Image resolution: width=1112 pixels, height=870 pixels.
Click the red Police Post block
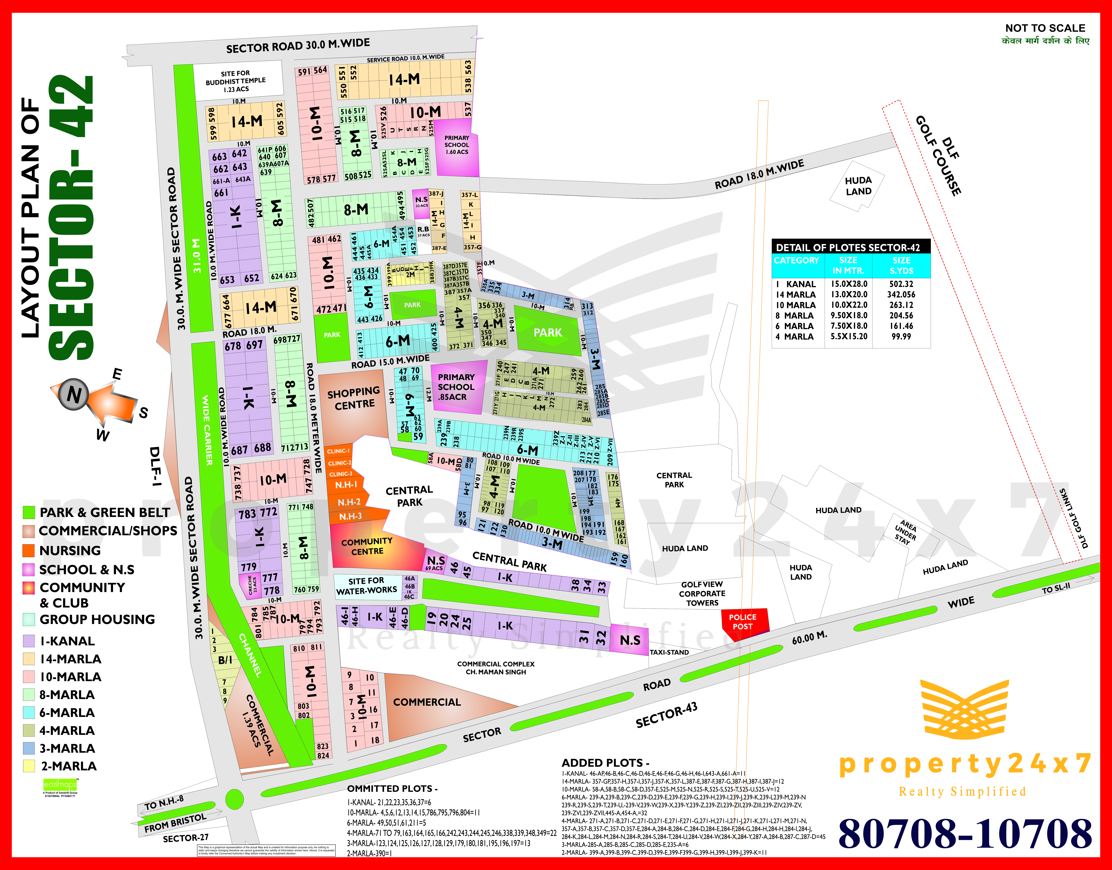coord(744,621)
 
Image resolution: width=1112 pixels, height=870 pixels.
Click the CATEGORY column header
coord(796,260)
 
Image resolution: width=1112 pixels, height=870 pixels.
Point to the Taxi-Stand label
coord(669,652)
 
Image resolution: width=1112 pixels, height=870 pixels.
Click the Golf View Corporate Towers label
coord(702,593)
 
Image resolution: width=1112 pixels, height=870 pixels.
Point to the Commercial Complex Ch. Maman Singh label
coord(496,668)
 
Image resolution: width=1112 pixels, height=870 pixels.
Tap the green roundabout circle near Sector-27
coord(234,799)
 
